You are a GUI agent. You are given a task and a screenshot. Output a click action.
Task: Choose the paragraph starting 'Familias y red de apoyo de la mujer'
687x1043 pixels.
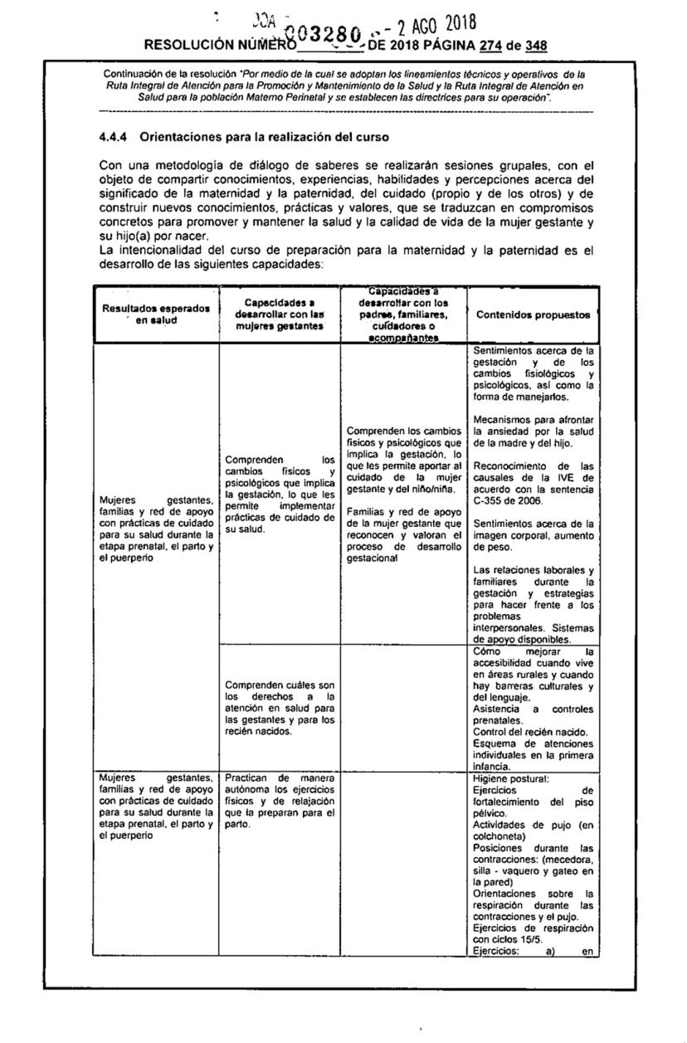tap(404, 535)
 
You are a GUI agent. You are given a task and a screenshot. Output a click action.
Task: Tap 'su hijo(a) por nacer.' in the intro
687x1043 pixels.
tap(143, 236)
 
